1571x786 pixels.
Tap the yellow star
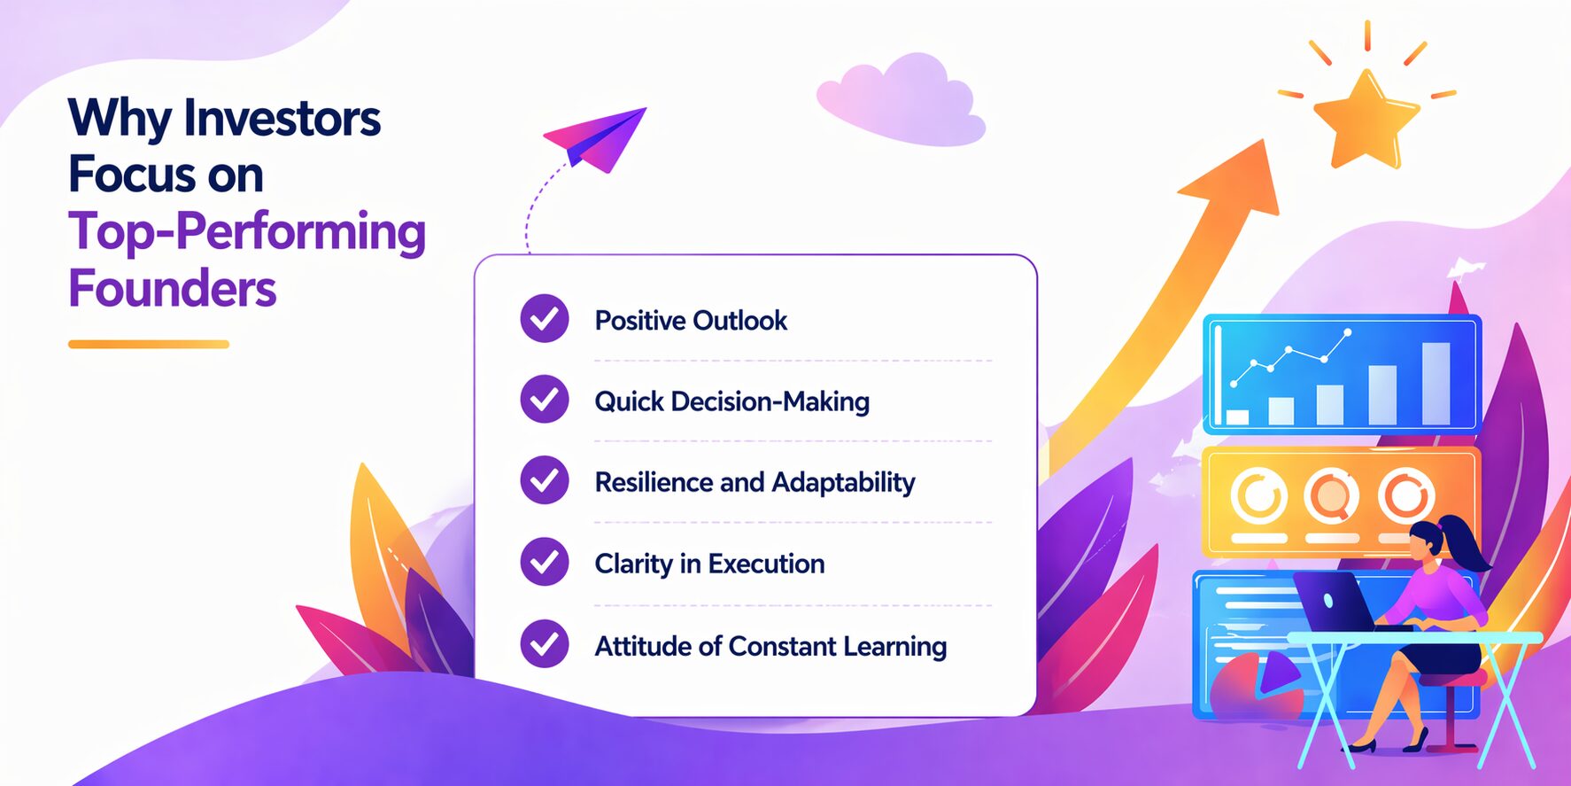(1366, 121)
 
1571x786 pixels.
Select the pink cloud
(901, 99)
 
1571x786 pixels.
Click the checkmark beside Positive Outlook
(545, 318)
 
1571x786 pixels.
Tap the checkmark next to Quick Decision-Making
(545, 399)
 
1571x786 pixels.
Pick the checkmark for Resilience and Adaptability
(545, 480)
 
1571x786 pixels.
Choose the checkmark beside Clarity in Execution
(545, 562)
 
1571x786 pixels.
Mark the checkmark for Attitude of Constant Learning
(545, 643)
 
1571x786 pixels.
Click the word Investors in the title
(282, 118)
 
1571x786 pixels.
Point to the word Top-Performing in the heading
(247, 232)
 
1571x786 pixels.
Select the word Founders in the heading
(173, 288)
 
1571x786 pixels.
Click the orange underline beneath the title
(149, 344)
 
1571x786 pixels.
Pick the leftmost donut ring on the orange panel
(1258, 496)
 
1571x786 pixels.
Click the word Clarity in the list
(633, 564)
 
